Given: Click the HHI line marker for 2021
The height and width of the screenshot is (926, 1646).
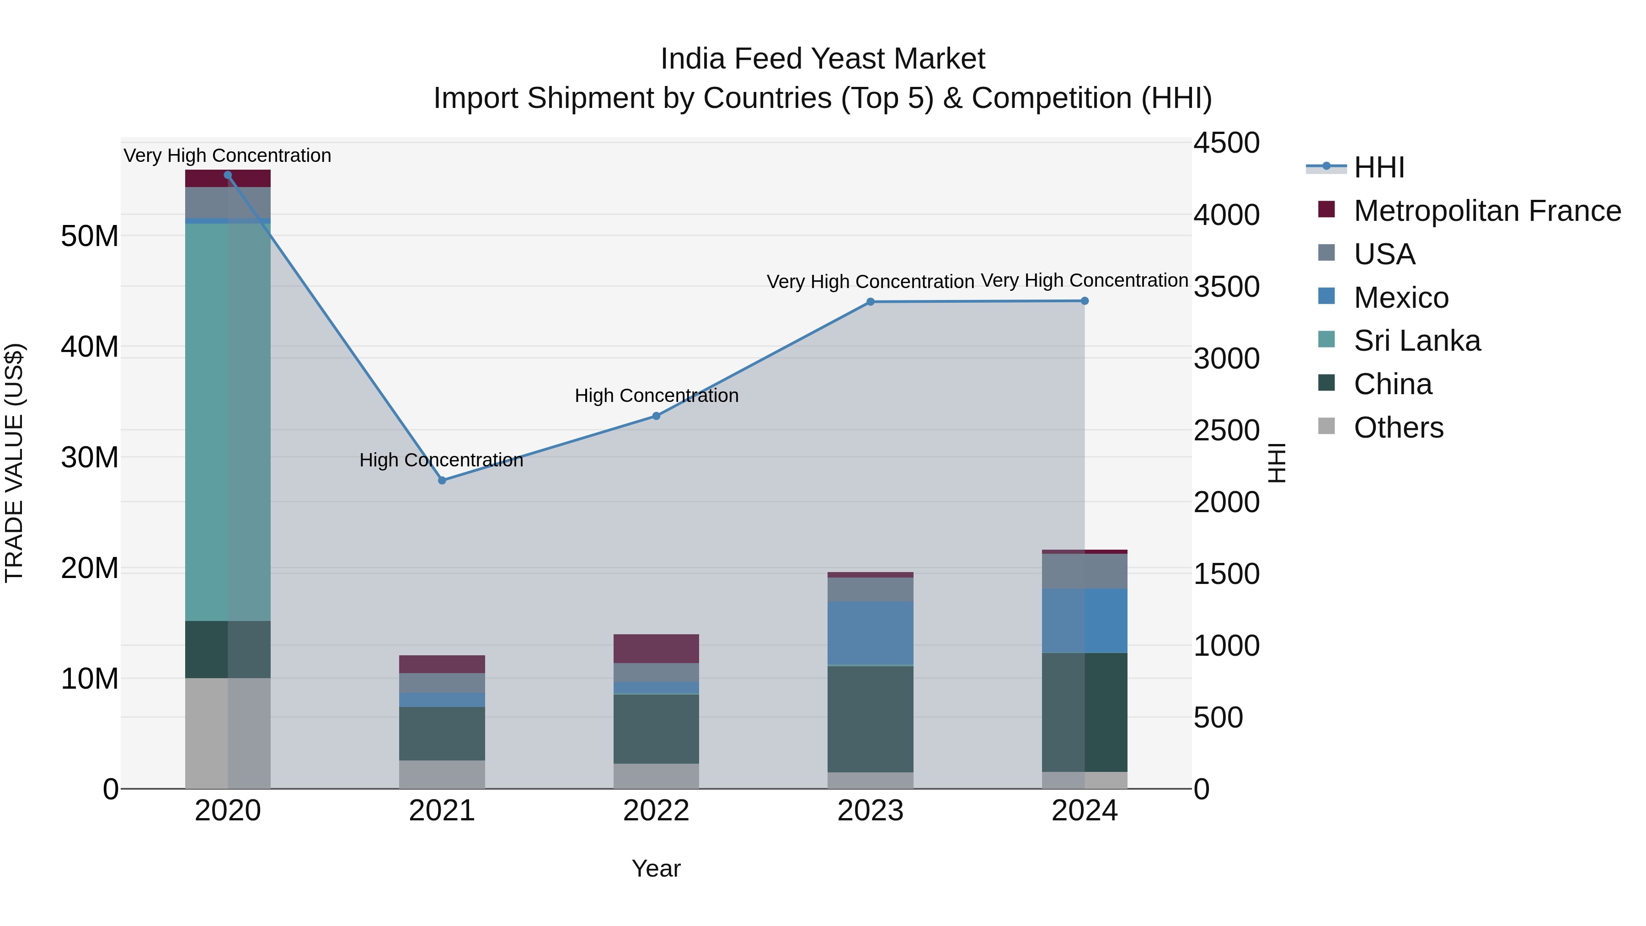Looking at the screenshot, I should pos(442,480).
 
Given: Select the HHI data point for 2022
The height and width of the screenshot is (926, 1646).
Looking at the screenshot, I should pos(656,416).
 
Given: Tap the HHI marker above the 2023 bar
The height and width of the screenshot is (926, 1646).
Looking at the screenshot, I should pos(870,302).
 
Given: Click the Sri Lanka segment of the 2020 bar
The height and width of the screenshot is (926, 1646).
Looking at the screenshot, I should pos(228,422).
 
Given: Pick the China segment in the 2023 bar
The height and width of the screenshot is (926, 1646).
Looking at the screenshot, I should pos(870,719).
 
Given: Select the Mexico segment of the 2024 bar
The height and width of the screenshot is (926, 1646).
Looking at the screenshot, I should pos(1085,621).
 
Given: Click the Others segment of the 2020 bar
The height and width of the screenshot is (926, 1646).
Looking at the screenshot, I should pos(228,733).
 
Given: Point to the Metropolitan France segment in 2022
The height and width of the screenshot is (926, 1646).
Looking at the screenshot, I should pos(656,648).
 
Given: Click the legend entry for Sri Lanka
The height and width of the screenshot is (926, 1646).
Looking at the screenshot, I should pos(1416,341).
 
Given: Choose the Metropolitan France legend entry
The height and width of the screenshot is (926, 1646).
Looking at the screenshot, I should pos(1486,211).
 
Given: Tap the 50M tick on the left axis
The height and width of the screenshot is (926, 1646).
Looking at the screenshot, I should pos(90,236).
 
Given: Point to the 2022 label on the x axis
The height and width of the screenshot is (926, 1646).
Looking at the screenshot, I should pos(656,811).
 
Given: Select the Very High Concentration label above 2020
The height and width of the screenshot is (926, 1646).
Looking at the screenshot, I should pos(228,155).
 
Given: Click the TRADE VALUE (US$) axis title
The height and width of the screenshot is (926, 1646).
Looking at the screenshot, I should pos(14,463).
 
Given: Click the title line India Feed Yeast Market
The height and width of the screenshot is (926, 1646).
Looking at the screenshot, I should pos(823,59).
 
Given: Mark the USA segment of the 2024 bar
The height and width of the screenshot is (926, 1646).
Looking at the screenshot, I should pos(1085,571).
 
